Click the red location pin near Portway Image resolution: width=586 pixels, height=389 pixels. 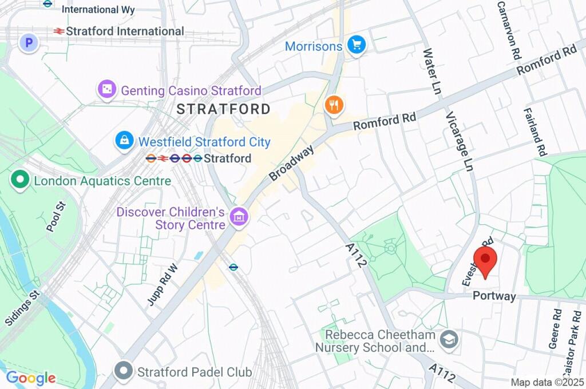485,260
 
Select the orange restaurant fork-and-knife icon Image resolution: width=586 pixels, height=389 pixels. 334,105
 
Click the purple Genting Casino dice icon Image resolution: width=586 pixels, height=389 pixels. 107,90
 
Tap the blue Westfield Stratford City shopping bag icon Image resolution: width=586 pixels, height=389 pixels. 124,141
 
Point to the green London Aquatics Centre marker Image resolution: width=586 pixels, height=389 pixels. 21,181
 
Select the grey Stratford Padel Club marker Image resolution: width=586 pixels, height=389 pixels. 124,371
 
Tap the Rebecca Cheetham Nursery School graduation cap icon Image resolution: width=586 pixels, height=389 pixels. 449,339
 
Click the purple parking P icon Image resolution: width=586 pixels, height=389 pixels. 28,42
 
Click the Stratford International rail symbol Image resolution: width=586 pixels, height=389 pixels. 58,31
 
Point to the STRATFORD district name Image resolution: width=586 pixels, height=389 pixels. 223,109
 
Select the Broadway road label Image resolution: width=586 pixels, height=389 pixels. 292,163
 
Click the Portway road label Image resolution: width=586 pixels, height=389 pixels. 494,296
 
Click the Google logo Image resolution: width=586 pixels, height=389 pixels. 31,378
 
